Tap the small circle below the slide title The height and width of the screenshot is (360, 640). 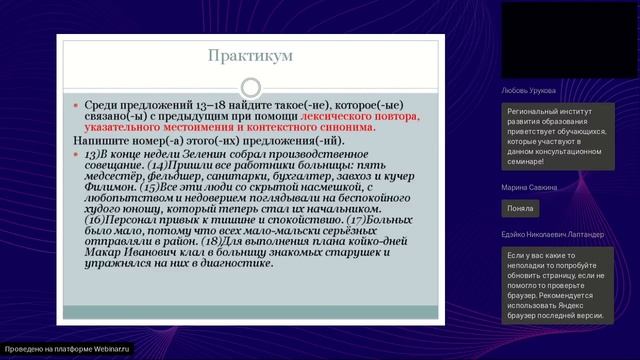pos(251,88)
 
